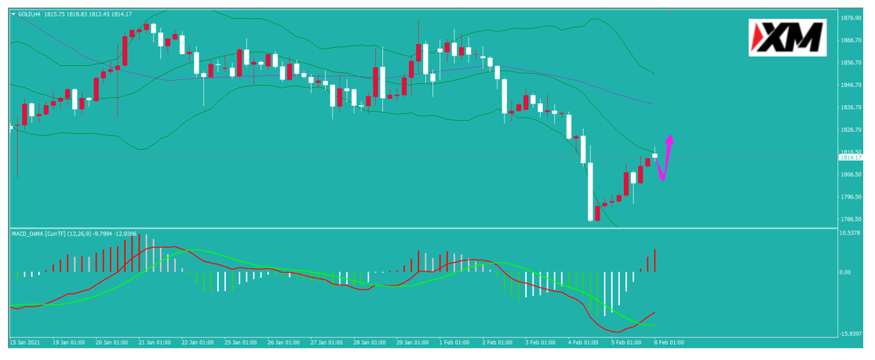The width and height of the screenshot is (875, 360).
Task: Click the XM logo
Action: [x=787, y=38]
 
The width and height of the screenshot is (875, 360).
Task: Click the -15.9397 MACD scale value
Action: [x=851, y=334]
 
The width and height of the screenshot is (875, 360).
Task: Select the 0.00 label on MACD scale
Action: [x=845, y=272]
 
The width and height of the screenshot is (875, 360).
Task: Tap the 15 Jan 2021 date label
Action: [x=24, y=342]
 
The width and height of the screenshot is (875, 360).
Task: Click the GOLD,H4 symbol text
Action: [x=28, y=15]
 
